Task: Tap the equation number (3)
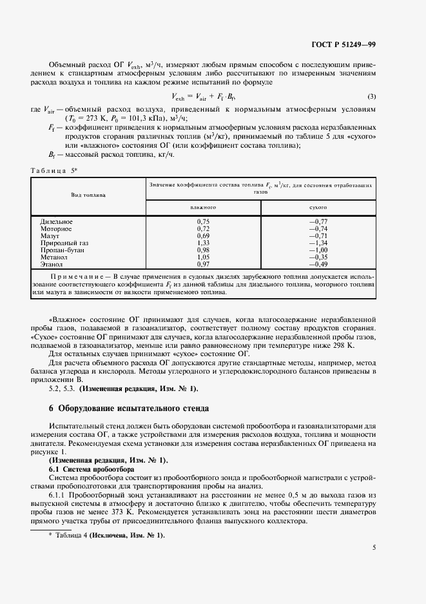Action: [371, 97]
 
